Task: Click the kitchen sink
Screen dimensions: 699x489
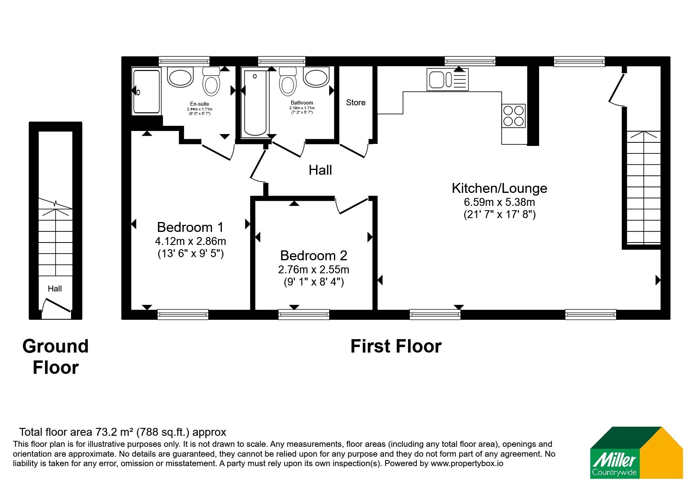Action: pos(448,79)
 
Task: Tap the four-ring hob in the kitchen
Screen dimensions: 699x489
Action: pos(513,116)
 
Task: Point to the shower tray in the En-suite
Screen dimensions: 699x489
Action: pos(146,91)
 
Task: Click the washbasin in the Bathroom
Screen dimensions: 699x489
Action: pos(317,77)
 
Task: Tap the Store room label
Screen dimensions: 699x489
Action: pos(356,103)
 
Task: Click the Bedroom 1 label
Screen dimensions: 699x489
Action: pos(190,227)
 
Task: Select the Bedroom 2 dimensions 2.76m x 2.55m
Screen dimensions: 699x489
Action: pos(314,270)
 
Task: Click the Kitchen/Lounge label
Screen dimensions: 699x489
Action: pos(499,188)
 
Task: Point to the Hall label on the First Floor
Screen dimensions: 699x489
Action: pos(320,170)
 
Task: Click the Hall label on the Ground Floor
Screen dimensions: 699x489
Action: pos(55,289)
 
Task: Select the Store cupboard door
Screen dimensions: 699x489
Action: pos(354,150)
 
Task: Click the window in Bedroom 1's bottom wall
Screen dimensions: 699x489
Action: pos(183,314)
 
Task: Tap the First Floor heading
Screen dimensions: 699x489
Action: pos(396,346)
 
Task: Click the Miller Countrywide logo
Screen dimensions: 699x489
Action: pos(636,453)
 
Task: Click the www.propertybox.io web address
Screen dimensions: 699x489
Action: pos(467,463)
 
